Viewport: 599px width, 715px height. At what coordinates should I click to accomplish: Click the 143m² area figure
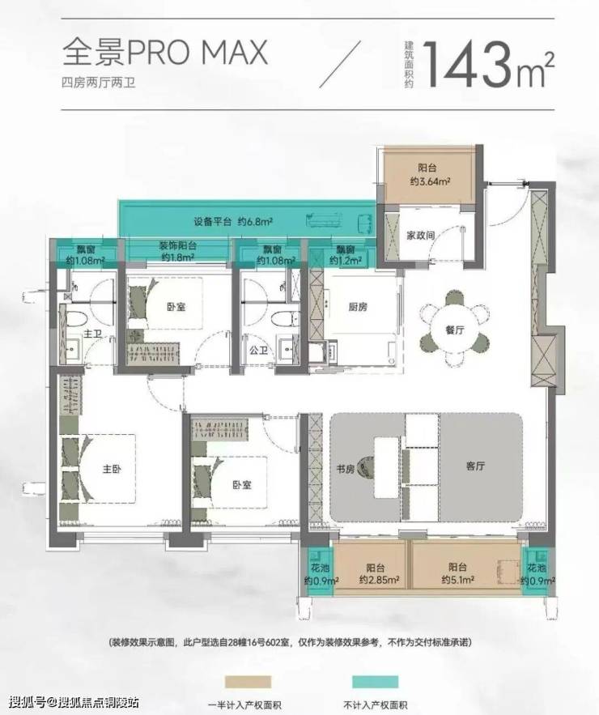(489, 64)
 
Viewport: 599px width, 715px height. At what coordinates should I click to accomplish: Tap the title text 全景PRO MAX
(164, 52)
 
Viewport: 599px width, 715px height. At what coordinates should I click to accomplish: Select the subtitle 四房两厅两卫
(99, 83)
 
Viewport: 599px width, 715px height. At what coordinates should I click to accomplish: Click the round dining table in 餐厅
(454, 330)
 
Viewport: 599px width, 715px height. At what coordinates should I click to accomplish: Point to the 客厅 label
(475, 466)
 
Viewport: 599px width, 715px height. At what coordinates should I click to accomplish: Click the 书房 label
(346, 468)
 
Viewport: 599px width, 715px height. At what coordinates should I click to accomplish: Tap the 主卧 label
(113, 468)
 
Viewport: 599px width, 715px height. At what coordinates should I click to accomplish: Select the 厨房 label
(358, 307)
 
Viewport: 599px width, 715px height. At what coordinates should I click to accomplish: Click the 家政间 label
(420, 236)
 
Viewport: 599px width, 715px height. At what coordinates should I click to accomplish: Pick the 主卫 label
(92, 334)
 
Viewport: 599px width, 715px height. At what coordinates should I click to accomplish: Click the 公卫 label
(258, 350)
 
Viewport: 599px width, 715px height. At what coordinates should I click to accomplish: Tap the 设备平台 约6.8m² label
(233, 222)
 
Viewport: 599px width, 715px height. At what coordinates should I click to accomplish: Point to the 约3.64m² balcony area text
(430, 181)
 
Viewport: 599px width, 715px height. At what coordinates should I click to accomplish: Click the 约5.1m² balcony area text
(457, 580)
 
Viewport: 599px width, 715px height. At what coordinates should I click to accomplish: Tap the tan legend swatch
(248, 682)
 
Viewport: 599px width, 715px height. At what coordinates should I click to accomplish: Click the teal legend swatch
(375, 682)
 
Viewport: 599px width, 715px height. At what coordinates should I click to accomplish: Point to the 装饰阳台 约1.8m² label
(178, 251)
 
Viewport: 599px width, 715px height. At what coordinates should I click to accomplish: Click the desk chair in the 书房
(366, 468)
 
